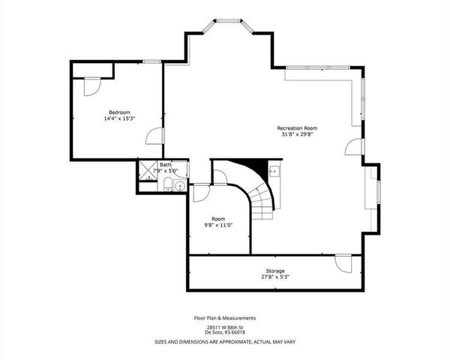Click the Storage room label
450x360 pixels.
[274, 270]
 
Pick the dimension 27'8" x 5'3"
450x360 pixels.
[274, 277]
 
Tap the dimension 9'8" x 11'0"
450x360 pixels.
[218, 225]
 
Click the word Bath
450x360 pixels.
[165, 165]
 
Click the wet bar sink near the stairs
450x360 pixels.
[274, 171]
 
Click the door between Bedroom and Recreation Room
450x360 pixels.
[155, 136]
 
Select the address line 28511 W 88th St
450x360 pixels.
[225, 328]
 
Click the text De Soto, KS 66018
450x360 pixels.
[225, 334]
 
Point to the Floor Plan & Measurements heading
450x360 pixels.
[225, 317]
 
